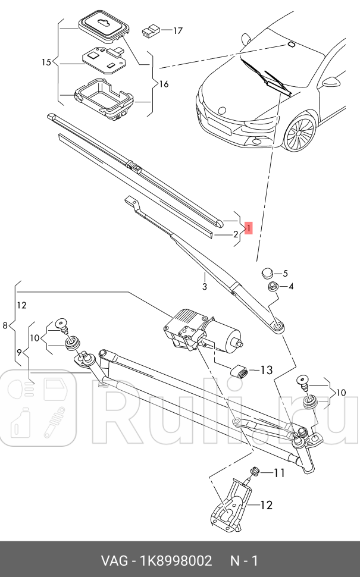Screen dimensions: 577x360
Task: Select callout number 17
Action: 177,30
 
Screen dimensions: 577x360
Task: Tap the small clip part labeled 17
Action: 151,30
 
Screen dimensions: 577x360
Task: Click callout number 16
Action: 163,84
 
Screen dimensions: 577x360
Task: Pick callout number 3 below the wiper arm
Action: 204,287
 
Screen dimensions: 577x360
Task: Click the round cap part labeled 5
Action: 267,273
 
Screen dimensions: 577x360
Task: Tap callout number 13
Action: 265,370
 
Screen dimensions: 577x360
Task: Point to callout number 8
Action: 5,325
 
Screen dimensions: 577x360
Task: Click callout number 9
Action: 19,352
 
